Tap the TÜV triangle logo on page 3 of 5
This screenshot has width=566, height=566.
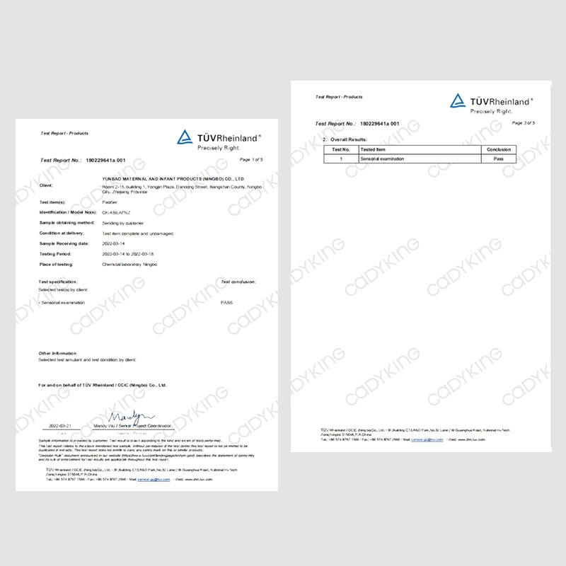(458, 101)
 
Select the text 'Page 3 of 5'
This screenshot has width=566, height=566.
(523, 123)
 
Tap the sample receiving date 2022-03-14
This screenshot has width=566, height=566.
(116, 243)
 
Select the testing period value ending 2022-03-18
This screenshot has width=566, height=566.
(139, 253)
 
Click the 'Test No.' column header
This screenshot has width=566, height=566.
(341, 150)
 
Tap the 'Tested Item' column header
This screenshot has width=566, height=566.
(373, 150)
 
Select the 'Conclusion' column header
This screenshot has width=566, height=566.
(498, 150)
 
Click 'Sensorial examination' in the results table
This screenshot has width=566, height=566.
(383, 159)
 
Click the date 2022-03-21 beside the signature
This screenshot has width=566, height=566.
(59, 427)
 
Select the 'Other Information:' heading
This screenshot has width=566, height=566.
(57, 352)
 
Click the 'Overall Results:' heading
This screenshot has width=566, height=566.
(349, 139)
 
